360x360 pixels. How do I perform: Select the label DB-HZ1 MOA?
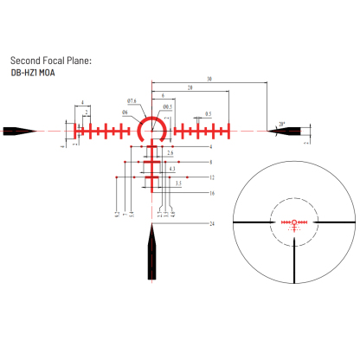pyautogui.click(x=37, y=74)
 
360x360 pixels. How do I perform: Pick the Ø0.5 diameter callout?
pyautogui.click(x=166, y=106)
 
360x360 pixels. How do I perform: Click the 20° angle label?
pyautogui.click(x=282, y=125)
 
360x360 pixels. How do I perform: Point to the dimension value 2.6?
pyautogui.click(x=170, y=153)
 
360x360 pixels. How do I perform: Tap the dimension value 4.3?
pyautogui.click(x=172, y=168)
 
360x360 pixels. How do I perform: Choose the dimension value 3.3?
pyautogui.click(x=177, y=183)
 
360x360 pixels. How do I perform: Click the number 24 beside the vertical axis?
pyautogui.click(x=211, y=224)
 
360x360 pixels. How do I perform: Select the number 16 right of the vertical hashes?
pyautogui.click(x=211, y=193)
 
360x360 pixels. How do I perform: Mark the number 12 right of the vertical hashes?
pyautogui.click(x=211, y=177)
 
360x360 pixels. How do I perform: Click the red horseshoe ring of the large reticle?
pyautogui.click(x=154, y=119)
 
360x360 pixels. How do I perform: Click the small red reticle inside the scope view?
pyautogui.click(x=294, y=222)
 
